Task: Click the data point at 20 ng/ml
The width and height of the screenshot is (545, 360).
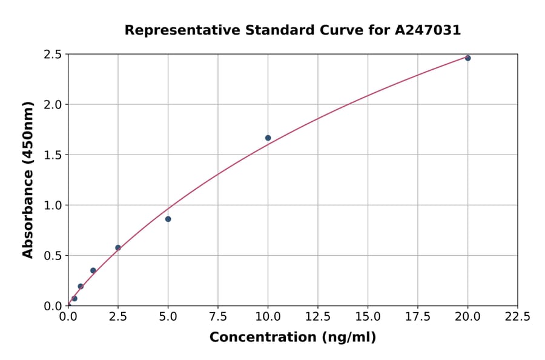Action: [x=467, y=58]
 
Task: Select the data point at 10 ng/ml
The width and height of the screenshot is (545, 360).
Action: [x=268, y=138]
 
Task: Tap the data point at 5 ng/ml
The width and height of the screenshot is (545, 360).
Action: [x=168, y=219]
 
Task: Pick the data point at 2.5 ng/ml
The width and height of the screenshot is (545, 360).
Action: [x=118, y=247]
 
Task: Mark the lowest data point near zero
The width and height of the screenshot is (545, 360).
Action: [x=74, y=298]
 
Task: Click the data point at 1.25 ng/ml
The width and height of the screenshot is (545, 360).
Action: [x=93, y=270]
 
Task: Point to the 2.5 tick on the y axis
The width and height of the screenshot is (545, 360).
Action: [x=53, y=55]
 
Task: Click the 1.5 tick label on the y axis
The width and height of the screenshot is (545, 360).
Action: [x=53, y=155]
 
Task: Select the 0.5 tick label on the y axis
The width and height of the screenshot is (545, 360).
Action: [x=53, y=256]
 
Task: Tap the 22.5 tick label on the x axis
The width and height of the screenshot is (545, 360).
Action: [x=518, y=317]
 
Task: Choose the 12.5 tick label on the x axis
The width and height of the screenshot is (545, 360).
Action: [x=318, y=317]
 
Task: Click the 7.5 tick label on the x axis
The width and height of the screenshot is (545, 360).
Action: [x=218, y=317]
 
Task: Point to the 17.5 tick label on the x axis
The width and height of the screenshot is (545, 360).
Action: [x=418, y=317]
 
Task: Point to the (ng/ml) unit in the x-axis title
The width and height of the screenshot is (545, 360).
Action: [x=348, y=338]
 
